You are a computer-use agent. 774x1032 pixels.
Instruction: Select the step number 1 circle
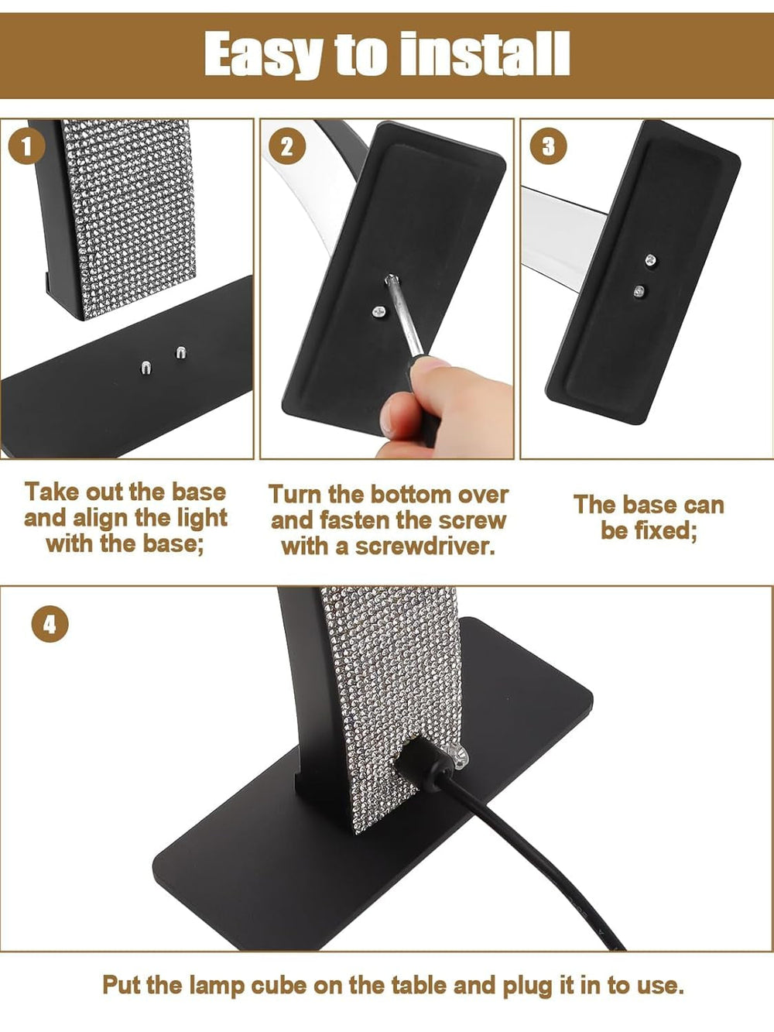tap(27, 146)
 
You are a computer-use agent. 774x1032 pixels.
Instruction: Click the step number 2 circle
tap(287, 146)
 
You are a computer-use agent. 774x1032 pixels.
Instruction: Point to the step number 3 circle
tap(549, 146)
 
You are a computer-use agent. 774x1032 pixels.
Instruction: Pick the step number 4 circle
tap(50, 624)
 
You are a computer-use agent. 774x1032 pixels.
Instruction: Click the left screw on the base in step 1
tap(146, 367)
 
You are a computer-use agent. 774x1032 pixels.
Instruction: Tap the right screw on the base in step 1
tap(181, 354)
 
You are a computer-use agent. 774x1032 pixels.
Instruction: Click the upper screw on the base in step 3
tap(651, 262)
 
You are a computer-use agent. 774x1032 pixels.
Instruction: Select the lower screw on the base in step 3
tap(639, 292)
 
